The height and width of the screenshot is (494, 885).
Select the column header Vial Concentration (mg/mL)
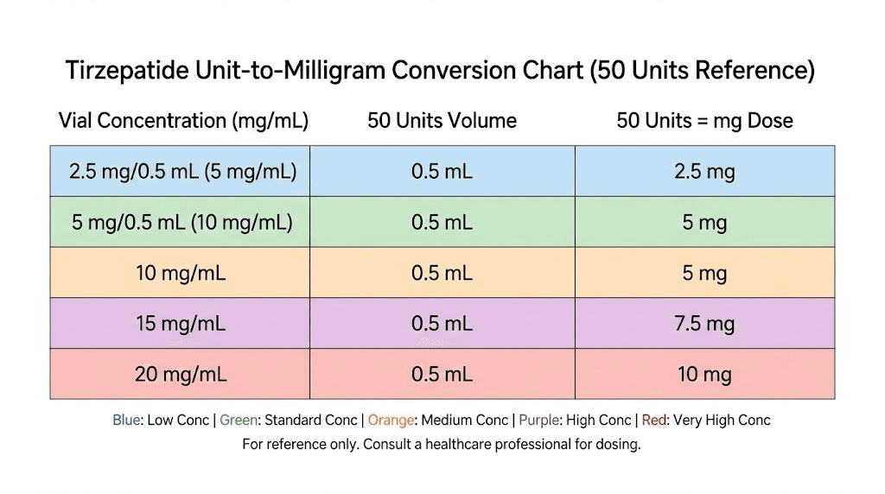183,121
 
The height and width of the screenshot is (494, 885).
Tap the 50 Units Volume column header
442,121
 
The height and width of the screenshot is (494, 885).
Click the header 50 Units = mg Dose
704,121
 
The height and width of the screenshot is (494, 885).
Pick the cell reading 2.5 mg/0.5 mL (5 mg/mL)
183,171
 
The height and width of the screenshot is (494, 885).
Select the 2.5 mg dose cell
704,171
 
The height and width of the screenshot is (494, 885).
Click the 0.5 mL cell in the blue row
442,171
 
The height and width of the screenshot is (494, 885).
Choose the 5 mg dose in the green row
704,223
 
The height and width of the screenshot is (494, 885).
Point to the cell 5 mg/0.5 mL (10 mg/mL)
182,223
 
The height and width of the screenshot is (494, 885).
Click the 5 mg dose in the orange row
704,274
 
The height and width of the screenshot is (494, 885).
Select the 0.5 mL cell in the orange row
442,274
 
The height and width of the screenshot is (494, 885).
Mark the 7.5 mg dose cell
704,324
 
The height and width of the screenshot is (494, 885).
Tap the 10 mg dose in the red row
704,375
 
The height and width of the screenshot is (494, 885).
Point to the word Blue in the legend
126,421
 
